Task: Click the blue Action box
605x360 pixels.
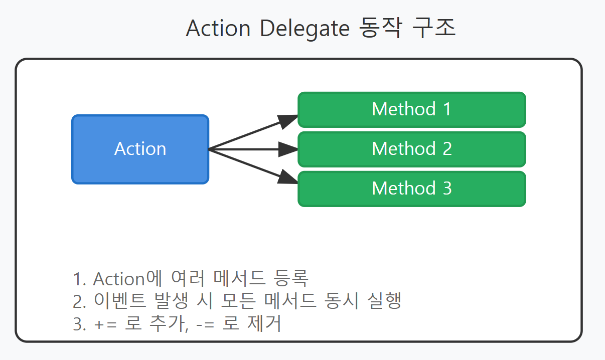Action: pos(140,149)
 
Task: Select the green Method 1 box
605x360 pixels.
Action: pos(411,109)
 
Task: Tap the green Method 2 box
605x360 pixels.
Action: pos(411,149)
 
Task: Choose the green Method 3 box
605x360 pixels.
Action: pos(411,189)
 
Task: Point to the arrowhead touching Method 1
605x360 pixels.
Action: pos(288,120)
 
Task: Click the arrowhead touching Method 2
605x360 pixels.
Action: pos(289,149)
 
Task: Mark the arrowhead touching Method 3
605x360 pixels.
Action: pos(288,177)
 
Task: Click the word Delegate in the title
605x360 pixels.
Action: pos(304,29)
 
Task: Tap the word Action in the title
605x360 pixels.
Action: pos(218,29)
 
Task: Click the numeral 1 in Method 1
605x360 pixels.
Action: pos(446,109)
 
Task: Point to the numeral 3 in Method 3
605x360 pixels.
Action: pos(446,189)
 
